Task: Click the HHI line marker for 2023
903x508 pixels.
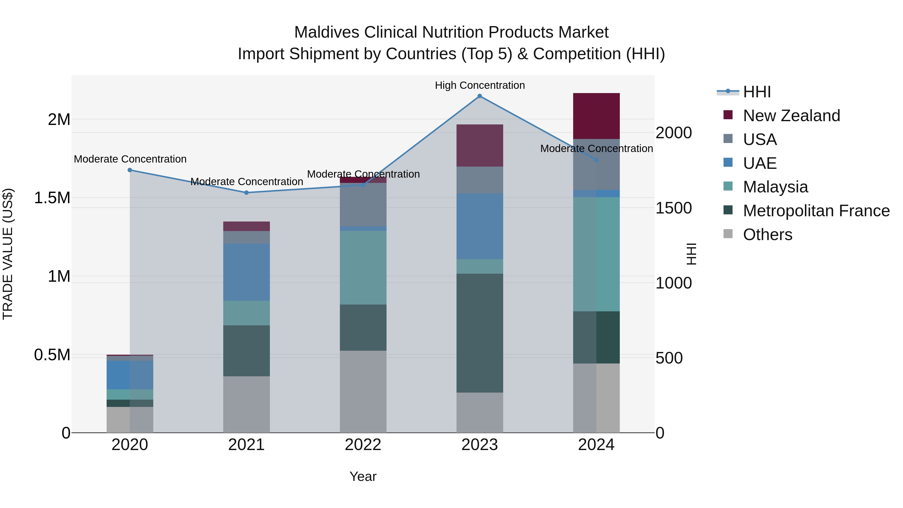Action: (480, 96)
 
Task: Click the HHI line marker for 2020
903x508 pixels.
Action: (130, 170)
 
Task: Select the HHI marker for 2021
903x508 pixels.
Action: (246, 192)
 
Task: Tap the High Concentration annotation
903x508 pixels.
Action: (480, 85)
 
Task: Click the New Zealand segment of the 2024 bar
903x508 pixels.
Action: (596, 116)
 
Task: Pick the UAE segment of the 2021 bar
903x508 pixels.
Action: (246, 272)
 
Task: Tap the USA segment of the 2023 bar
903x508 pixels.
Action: (480, 180)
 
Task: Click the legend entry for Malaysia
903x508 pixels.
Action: (775, 187)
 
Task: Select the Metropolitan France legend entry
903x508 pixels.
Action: (816, 211)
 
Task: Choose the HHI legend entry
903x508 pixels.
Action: (757, 92)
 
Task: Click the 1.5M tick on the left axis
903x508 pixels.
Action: (52, 198)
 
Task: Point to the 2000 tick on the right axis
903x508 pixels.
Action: (673, 133)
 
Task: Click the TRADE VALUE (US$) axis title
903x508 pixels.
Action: (8, 254)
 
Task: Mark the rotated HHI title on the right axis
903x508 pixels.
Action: (691, 254)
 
